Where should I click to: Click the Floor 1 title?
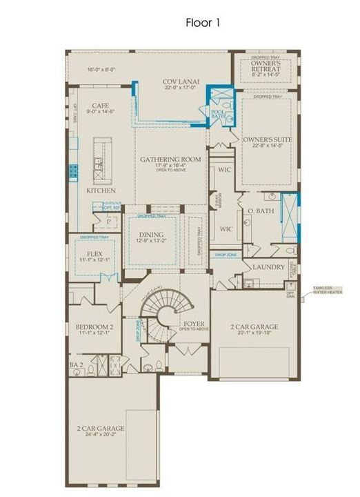click(x=202, y=23)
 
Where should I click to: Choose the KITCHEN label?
click(x=101, y=190)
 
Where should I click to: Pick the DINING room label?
click(x=152, y=235)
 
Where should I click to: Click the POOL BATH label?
click(x=218, y=114)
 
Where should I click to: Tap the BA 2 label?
click(x=76, y=364)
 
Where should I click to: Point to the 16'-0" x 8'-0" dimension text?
click(x=101, y=69)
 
